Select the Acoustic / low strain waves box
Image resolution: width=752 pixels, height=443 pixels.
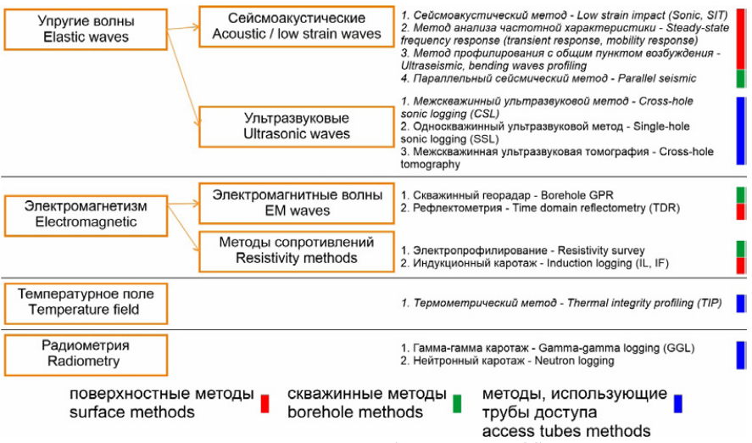coord(297,25)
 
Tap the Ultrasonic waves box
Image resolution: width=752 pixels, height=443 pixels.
coord(297,126)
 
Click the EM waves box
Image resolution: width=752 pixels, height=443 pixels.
coord(297,203)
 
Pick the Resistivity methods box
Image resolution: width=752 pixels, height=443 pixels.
coord(297,250)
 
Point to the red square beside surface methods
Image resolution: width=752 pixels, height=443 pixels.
coord(265,402)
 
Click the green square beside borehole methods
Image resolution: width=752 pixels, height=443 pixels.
coord(457,402)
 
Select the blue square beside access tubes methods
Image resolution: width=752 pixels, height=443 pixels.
coord(677,402)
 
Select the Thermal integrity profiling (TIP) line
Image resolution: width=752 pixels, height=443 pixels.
coord(560,303)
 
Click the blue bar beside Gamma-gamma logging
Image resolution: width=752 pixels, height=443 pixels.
coord(740,354)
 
